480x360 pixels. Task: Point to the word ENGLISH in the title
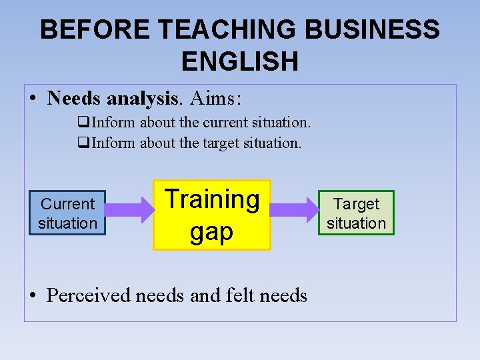[239, 61]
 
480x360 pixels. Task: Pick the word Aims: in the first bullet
[215, 99]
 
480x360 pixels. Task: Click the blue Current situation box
[67, 213]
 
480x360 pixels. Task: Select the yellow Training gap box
[212, 215]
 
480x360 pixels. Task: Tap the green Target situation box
[356, 213]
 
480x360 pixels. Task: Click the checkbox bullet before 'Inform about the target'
[83, 143]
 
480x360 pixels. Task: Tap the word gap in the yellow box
[211, 231]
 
